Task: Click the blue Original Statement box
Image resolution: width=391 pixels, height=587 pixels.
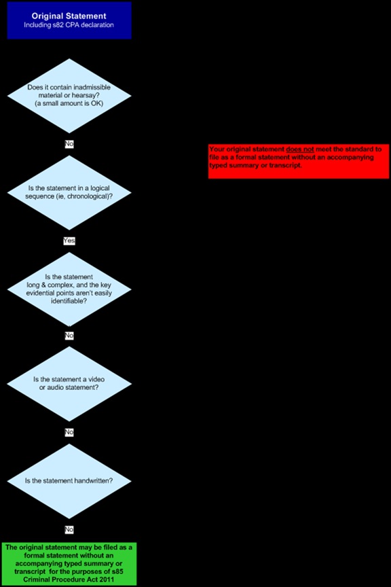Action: coord(69,20)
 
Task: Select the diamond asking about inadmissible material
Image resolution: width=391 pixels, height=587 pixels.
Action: coord(69,96)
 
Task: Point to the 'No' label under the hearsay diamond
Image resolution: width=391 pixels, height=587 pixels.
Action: coord(69,144)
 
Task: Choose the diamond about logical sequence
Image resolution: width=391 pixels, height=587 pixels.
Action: coord(69,192)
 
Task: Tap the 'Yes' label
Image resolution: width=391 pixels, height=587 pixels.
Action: coord(69,241)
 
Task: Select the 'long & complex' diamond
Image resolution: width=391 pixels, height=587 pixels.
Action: coord(69,289)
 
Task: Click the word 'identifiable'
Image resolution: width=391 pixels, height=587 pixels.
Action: coord(69,301)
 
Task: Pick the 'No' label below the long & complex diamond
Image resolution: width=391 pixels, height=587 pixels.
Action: coord(69,336)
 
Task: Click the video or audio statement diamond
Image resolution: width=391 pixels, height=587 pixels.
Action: coord(69,384)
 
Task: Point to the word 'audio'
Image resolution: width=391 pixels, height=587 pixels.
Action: coord(55,387)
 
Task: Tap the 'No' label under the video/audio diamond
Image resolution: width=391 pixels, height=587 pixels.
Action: coord(69,432)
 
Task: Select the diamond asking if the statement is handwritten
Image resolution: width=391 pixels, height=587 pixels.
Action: coord(69,481)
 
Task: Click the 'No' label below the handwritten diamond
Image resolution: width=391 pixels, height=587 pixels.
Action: coord(69,529)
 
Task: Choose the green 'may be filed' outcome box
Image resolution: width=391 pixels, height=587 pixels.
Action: coord(69,564)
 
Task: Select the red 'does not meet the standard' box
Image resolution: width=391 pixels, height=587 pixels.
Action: coord(299,161)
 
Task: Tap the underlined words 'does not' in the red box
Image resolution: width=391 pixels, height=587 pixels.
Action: coord(300,149)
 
